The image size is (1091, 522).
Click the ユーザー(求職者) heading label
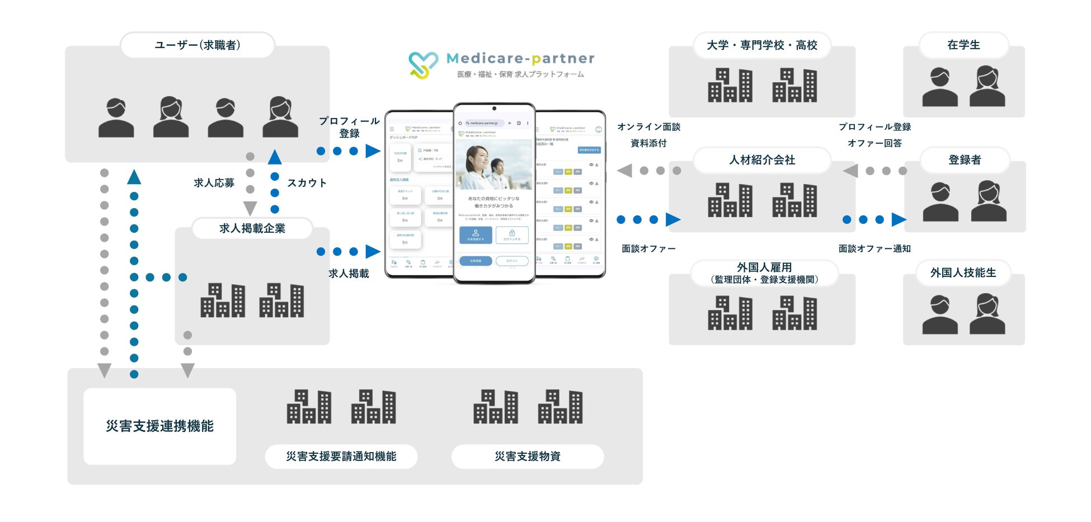coord(197,45)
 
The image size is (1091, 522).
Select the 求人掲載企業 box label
coord(252,228)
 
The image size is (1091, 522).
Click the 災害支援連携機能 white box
coord(159,426)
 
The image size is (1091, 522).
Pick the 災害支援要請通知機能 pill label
coord(341,457)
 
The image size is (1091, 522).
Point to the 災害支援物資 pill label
coord(527,457)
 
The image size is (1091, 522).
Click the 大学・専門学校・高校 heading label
coord(761,45)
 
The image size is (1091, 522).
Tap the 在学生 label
coord(963,45)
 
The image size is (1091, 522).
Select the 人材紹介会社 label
coord(761,160)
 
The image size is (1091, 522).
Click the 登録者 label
coord(965,160)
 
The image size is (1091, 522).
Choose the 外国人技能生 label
coord(963,273)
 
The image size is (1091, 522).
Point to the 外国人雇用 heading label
coord(764,267)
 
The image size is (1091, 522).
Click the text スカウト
coord(307,183)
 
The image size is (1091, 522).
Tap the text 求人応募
coord(214,183)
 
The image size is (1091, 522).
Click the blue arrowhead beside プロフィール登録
coord(373,151)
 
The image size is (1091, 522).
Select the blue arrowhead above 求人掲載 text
coord(373,252)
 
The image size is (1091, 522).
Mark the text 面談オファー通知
coord(874,249)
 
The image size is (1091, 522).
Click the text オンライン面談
coord(648,127)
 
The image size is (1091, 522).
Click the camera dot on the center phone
coord(494,109)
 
